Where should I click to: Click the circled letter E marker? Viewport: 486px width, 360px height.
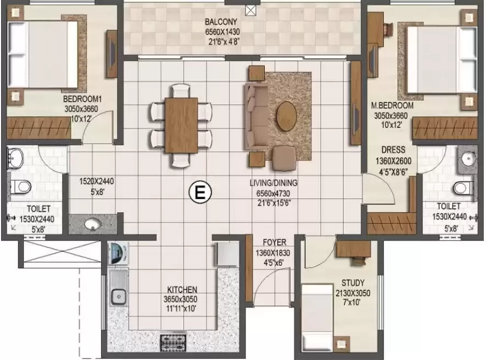[200, 193]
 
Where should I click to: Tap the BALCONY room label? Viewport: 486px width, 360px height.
[221, 22]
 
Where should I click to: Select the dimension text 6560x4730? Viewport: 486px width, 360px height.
[273, 193]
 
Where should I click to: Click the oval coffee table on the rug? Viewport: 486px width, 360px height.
[286, 117]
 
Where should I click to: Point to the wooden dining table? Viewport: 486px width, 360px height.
[181, 125]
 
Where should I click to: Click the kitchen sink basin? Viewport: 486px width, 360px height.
[118, 296]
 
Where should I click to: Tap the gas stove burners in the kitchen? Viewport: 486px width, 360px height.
[174, 343]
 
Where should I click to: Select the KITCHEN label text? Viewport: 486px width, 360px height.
[182, 290]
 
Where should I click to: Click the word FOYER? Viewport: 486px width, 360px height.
[275, 242]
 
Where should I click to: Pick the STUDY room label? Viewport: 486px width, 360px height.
[353, 283]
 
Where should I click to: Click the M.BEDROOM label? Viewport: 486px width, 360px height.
[392, 106]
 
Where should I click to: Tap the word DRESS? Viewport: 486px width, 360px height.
[393, 150]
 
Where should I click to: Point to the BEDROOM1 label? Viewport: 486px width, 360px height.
[82, 99]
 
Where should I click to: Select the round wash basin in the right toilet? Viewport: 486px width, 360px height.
[468, 159]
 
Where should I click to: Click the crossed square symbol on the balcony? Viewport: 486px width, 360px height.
[250, 10]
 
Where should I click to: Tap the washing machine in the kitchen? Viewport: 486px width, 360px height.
[118, 253]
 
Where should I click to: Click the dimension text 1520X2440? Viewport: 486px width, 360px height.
[97, 181]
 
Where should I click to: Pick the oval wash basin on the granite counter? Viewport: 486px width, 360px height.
[93, 224]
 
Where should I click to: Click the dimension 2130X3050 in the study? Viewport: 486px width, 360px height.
[353, 293]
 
